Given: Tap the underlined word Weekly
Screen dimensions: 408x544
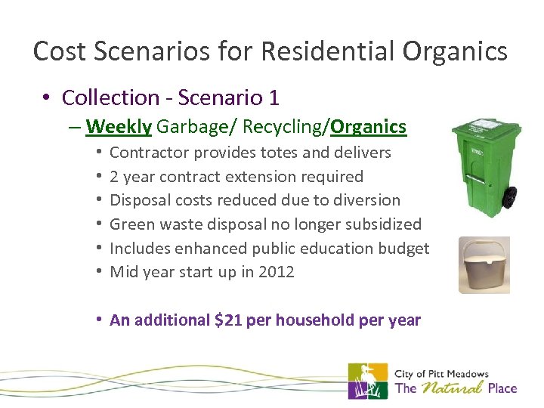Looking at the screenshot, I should (x=119, y=127).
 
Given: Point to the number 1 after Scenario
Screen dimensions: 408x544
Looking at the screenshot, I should (x=274, y=97).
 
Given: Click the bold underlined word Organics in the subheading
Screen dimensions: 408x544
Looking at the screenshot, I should (x=369, y=127).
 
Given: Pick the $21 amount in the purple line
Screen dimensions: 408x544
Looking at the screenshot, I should (x=230, y=320).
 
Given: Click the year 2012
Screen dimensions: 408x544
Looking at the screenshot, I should (x=277, y=272).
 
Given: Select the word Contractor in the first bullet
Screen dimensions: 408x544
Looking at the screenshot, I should (x=149, y=153).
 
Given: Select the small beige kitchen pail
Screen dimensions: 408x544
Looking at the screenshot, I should (x=484, y=266).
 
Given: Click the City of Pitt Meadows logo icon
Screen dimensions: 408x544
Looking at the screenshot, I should (x=368, y=381).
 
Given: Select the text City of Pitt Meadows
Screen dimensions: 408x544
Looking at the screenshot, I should (x=441, y=373).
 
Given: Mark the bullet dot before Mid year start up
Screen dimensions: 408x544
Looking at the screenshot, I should (x=98, y=272).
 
